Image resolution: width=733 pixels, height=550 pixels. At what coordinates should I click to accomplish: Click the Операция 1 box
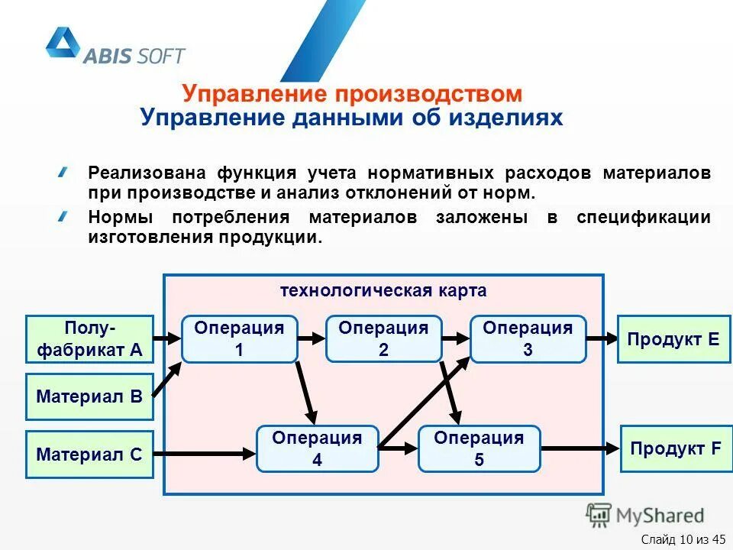coord(239,338)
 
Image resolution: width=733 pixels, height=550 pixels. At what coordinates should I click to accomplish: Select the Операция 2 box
coord(383,338)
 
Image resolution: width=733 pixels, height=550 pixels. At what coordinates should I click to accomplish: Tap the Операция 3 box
coord(528,338)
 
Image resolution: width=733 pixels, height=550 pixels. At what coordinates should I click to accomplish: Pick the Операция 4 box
coord(317,448)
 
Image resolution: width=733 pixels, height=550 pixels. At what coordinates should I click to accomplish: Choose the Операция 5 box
coord(479,448)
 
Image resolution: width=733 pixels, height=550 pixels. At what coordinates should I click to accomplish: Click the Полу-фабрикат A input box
coord(90,338)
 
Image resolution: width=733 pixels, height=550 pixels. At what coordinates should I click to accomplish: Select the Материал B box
coord(90,396)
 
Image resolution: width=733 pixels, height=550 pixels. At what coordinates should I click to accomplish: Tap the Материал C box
coord(90,455)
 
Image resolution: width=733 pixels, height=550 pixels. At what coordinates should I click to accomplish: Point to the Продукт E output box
coord(673,338)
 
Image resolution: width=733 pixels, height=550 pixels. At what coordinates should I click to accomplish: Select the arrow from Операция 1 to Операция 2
coord(312,338)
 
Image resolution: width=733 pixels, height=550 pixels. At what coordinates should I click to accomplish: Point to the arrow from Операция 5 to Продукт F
coord(580,448)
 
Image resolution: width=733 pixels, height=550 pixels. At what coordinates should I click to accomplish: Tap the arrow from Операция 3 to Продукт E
coord(602,338)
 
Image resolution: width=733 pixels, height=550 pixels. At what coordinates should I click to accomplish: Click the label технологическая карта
coord(383,291)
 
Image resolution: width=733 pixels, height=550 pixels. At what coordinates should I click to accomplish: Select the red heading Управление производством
coord(352,94)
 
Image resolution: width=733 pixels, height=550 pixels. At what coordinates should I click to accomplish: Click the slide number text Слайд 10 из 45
coord(683,541)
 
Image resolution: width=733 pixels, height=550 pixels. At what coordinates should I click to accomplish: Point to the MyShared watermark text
coord(661,515)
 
